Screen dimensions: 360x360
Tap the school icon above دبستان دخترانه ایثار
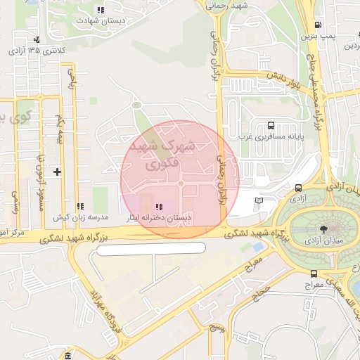[x=160, y=207]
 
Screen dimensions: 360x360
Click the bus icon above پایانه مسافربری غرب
[x=271, y=123]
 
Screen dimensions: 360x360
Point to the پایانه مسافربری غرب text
[x=271, y=136]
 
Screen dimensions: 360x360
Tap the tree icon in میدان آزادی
[x=323, y=229]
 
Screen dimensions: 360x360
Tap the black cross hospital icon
[x=57, y=172]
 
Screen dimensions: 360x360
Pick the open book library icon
[x=259, y=201]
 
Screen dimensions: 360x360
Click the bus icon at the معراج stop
[x=313, y=274]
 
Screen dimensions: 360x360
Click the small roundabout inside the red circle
[x=181, y=184]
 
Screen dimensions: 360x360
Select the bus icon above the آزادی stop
[x=299, y=188]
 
